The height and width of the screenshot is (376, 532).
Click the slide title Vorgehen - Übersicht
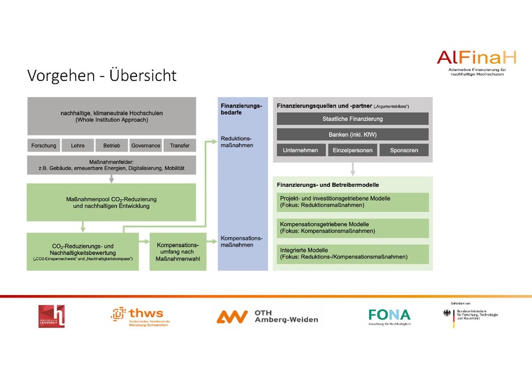pos(102,76)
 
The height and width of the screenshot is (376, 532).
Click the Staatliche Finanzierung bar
pos(352,119)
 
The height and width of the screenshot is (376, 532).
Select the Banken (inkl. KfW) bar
pos(352,134)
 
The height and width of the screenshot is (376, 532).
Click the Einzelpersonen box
pos(352,150)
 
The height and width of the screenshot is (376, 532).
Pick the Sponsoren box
pos(404,150)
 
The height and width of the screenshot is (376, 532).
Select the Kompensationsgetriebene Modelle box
pos(352,227)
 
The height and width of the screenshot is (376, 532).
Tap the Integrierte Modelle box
pos(352,252)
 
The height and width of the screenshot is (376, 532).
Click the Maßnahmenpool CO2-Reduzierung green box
pos(111,201)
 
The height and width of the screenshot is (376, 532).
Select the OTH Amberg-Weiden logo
pos(267,317)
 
